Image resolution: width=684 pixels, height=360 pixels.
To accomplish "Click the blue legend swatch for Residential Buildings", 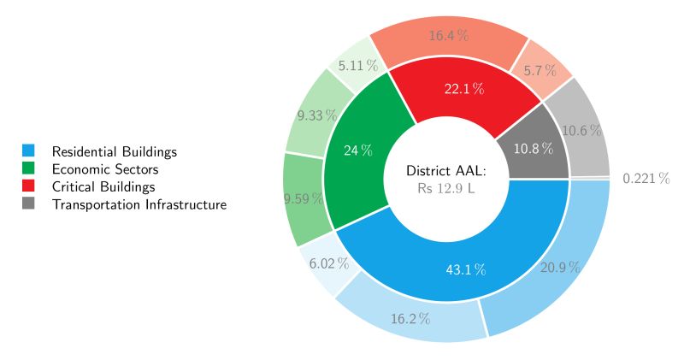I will (28, 151).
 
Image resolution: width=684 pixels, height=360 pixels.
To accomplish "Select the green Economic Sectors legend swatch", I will (28, 169).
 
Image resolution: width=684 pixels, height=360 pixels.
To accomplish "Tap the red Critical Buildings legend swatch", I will (28, 186).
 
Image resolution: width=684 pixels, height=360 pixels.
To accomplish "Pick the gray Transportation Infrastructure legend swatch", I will (28, 204).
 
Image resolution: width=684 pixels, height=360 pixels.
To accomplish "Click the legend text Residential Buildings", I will (114, 151).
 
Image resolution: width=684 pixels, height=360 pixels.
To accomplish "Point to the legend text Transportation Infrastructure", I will (139, 204).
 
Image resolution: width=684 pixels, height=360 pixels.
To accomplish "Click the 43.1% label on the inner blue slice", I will (466, 270).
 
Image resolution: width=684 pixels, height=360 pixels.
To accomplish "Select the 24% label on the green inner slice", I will (358, 150).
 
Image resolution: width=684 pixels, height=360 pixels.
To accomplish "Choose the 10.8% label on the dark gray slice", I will (534, 148).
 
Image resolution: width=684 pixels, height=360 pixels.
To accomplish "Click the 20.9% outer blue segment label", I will (560, 267).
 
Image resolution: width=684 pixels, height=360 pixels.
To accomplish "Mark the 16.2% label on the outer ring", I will (410, 319).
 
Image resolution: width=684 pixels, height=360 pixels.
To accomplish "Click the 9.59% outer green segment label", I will (304, 198).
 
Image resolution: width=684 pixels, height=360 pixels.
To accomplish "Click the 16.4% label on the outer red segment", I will (449, 36).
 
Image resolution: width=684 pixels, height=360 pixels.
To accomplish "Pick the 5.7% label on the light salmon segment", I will (541, 68).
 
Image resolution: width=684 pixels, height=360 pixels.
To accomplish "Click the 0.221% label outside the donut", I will (646, 179).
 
